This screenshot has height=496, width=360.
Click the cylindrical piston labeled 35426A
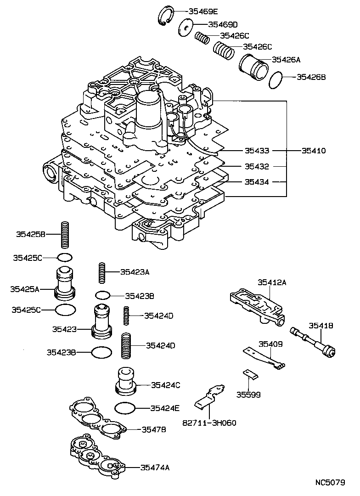click(x=253, y=67)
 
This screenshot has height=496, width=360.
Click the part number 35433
click(x=257, y=151)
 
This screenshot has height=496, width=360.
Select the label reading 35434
click(x=257, y=182)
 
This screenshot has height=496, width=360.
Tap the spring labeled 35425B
click(x=65, y=235)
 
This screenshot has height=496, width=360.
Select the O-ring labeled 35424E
click(x=125, y=407)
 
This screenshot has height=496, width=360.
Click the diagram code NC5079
click(x=330, y=483)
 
